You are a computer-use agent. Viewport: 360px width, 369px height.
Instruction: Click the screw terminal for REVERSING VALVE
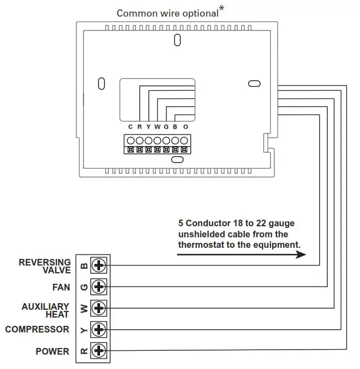99,266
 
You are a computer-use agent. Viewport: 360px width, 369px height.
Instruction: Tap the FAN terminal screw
99,287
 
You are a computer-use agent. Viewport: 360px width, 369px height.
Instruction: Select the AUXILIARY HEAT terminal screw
99,308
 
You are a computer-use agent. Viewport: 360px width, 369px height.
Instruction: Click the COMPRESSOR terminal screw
99,329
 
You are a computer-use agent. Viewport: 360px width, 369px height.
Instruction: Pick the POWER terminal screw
99,350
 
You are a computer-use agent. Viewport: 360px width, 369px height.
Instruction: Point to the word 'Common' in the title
133,13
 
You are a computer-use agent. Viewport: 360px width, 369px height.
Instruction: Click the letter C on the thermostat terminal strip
131,127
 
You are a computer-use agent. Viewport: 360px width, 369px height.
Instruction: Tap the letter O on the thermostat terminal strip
185,127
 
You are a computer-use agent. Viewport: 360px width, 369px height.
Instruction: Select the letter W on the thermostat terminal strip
158,127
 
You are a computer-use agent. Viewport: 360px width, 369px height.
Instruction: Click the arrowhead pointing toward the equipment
301,255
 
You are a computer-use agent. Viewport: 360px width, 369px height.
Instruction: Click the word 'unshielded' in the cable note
200,234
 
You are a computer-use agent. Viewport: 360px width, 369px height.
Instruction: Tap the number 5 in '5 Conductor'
181,224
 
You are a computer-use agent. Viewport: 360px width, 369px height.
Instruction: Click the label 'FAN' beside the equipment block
61,287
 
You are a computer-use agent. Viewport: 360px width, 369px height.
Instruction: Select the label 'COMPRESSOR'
37,329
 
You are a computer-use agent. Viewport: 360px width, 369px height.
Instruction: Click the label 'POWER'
53,351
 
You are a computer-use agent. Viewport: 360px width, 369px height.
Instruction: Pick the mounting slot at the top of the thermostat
177,40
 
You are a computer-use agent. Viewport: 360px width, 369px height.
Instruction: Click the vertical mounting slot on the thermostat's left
101,84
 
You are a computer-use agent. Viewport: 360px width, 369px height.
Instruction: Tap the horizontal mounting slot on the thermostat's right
254,84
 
